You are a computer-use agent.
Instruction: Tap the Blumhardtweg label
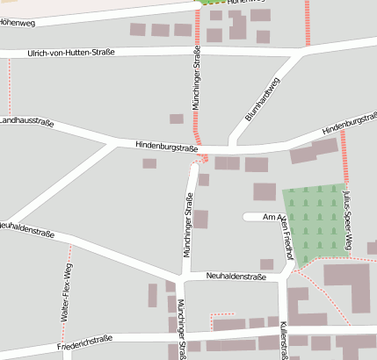pyautogui.click(x=262, y=99)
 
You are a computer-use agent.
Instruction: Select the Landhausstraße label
pyautogui.click(x=25, y=122)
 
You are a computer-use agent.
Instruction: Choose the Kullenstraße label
pyautogui.click(x=284, y=340)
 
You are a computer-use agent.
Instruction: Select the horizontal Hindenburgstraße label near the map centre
pyautogui.click(x=166, y=147)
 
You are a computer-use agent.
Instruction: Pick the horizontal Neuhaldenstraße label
pyautogui.click(x=236, y=277)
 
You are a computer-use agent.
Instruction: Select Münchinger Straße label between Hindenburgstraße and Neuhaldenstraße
pyautogui.click(x=186, y=227)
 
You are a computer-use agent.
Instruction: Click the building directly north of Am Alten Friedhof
pyautogui.click(x=265, y=191)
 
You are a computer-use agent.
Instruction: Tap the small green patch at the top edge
pyautogui.click(x=211, y=3)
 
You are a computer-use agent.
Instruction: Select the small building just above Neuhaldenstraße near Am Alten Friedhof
pyautogui.click(x=266, y=263)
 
